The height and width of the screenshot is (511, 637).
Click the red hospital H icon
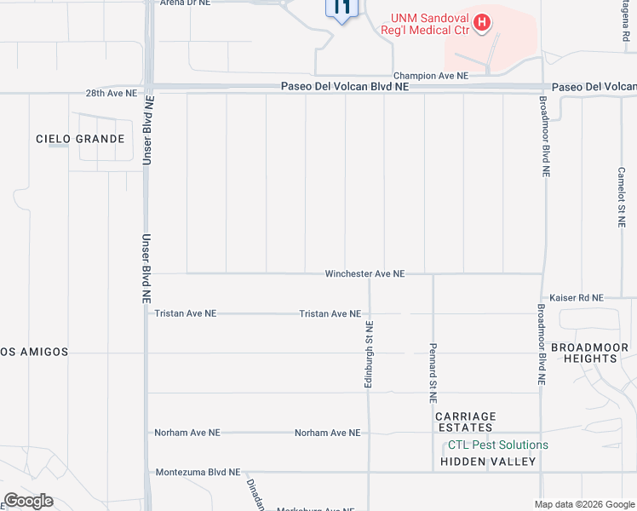[483, 22]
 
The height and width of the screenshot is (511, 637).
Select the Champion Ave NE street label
[429, 76]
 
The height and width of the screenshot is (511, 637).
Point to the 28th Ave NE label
[111, 94]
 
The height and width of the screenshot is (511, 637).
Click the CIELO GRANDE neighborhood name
[80, 139]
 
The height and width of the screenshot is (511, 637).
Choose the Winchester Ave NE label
[364, 274]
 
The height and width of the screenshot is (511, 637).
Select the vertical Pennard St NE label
[433, 374]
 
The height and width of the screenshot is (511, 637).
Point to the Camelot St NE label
[622, 196]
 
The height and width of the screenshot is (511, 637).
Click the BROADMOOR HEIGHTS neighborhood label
[589, 353]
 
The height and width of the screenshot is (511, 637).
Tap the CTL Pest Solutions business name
[498, 445]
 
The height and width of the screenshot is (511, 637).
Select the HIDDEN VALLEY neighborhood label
[488, 462]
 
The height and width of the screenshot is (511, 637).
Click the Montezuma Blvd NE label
[198, 472]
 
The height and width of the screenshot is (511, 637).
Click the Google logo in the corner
[29, 501]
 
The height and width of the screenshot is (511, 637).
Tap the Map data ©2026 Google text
[583, 504]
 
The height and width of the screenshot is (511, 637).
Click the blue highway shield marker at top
[342, 9]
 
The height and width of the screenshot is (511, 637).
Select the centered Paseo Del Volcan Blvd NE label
[345, 87]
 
